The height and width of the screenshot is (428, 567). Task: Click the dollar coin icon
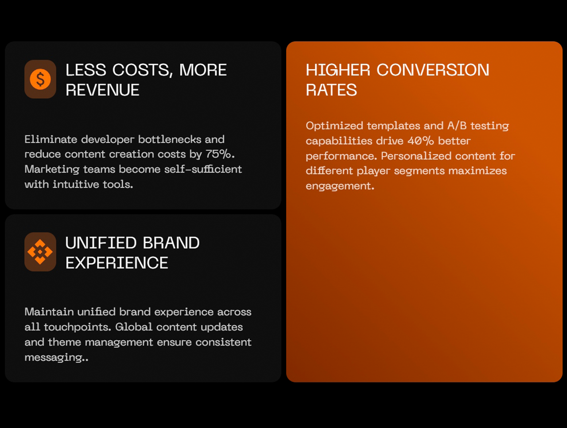[40, 79]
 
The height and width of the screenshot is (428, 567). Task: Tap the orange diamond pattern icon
[40, 252]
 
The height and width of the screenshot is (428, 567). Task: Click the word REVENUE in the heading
[103, 90]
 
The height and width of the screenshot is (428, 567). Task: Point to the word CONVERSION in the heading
[433, 70]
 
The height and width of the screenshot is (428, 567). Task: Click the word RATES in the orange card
[331, 90]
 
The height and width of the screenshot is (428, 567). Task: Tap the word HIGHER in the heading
[338, 70]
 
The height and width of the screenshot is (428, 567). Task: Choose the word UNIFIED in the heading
[101, 243]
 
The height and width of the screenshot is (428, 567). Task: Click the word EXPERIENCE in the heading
[117, 263]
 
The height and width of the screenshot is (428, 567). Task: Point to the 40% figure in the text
[421, 141]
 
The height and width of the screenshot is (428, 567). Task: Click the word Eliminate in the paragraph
[51, 140]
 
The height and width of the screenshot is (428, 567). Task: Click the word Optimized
[334, 126]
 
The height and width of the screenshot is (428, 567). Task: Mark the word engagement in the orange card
[340, 187]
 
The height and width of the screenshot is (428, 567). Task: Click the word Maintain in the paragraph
[49, 312]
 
